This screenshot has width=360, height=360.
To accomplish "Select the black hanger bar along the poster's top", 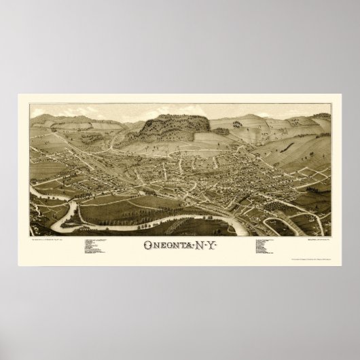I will (x=180, y=92).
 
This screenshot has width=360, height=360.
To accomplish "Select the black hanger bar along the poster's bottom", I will (x=180, y=270).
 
